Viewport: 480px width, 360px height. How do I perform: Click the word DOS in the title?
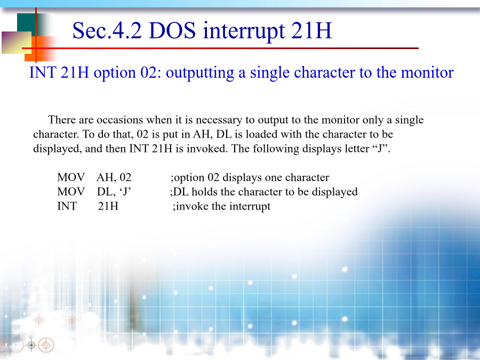pyautogui.click(x=172, y=30)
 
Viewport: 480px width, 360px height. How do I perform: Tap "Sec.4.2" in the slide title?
pyautogui.click(x=107, y=30)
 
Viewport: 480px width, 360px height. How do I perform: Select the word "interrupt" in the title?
pyautogui.click(x=243, y=31)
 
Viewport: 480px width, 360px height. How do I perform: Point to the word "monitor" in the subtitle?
pyautogui.click(x=427, y=73)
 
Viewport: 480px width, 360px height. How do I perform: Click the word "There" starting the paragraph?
pyautogui.click(x=61, y=119)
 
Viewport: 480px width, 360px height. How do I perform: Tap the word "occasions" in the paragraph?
pyautogui.click(x=119, y=119)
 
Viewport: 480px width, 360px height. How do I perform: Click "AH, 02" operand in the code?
pyautogui.click(x=114, y=178)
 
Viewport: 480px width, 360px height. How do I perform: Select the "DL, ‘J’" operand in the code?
pyautogui.click(x=114, y=192)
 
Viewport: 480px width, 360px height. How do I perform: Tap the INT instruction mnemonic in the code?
pyautogui.click(x=67, y=206)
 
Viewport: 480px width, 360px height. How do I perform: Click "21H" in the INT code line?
pyautogui.click(x=108, y=206)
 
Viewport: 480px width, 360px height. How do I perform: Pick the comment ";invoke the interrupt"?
pyautogui.click(x=222, y=206)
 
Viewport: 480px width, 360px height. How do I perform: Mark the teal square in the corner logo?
pyautogui.click(x=26, y=22)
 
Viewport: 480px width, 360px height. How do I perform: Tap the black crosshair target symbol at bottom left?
pyautogui.click(x=31, y=345)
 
